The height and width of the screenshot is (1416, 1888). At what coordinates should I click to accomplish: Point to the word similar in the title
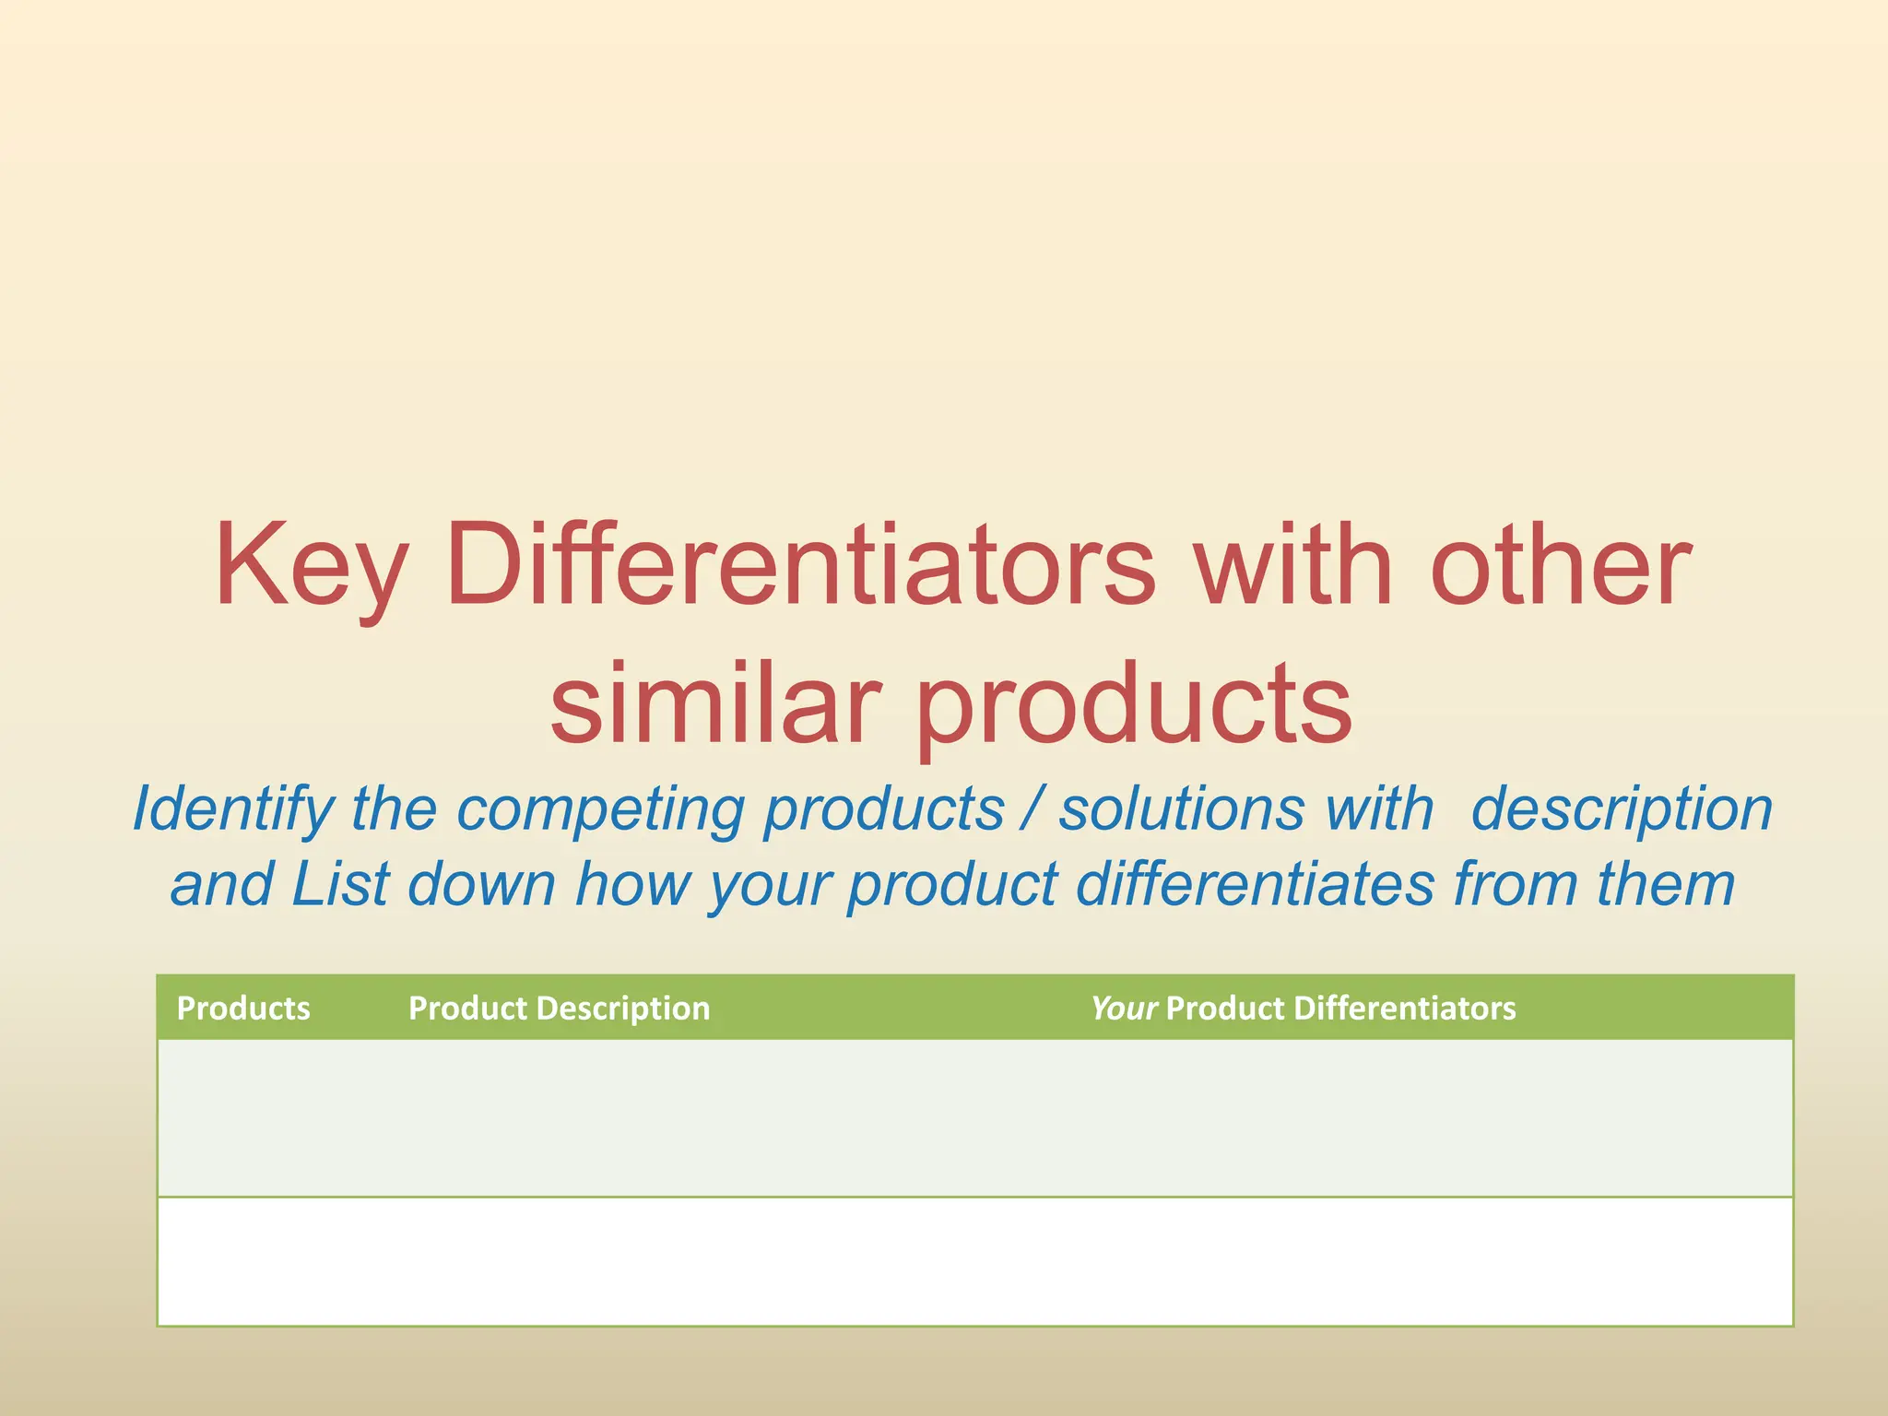[x=714, y=702]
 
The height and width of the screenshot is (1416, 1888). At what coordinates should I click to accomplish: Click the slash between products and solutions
[x=1031, y=809]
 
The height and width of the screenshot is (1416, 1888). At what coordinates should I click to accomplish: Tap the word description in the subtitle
[x=1621, y=809]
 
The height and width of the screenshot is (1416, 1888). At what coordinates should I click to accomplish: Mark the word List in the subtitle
[x=340, y=884]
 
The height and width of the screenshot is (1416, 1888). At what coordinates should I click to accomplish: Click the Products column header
[x=243, y=1008]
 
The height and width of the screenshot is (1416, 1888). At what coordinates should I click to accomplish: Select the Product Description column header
[x=559, y=1008]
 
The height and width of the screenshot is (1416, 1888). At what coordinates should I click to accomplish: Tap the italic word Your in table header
[x=1123, y=1008]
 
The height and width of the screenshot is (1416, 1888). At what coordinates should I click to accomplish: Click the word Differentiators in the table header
[x=1404, y=1008]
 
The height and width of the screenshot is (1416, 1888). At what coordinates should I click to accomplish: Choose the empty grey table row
[x=974, y=1117]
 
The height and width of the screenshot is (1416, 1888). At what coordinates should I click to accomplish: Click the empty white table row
[x=974, y=1261]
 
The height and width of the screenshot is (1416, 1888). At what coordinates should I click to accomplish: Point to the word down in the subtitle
[x=481, y=884]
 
